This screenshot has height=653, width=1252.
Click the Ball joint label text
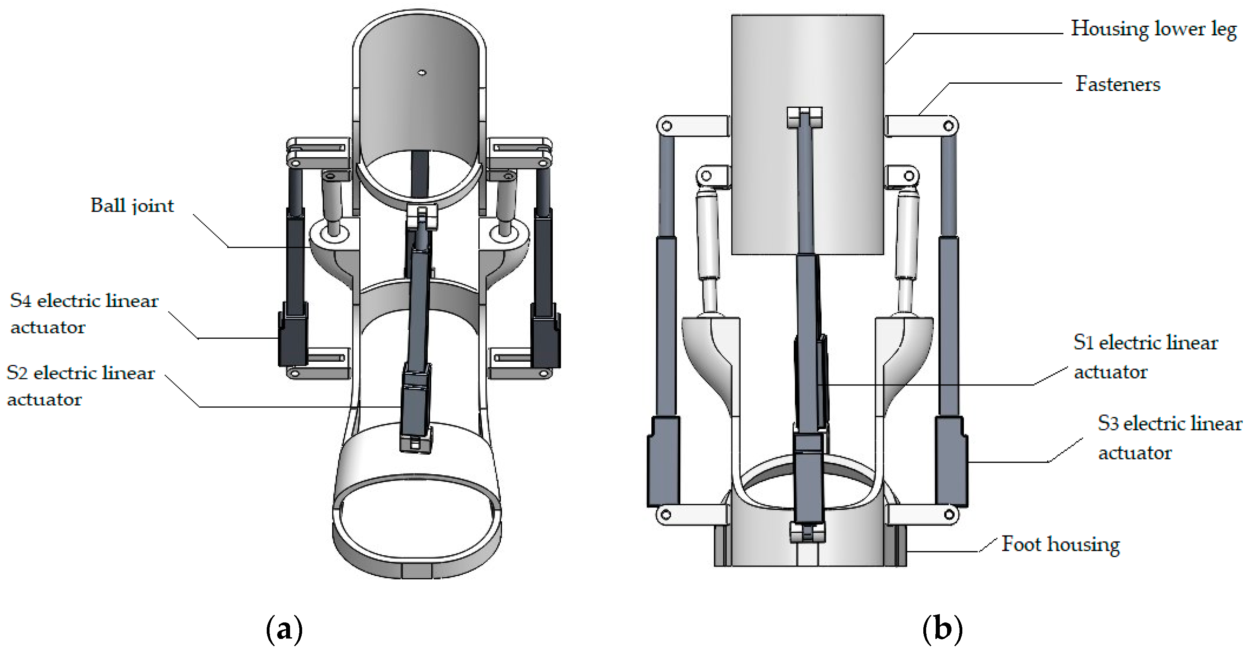(132, 206)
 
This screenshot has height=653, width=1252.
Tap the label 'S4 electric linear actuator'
(84, 313)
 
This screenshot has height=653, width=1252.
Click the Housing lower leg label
(1153, 29)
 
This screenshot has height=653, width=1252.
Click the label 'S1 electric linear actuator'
(1145, 356)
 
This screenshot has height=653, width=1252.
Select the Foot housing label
(1060, 544)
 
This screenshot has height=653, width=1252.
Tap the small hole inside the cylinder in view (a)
(422, 73)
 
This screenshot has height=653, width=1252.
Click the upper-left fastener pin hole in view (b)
(667, 126)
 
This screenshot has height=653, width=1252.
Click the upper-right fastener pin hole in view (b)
(948, 126)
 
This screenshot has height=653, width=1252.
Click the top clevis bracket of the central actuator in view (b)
(804, 117)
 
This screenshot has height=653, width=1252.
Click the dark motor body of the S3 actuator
(951, 462)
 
